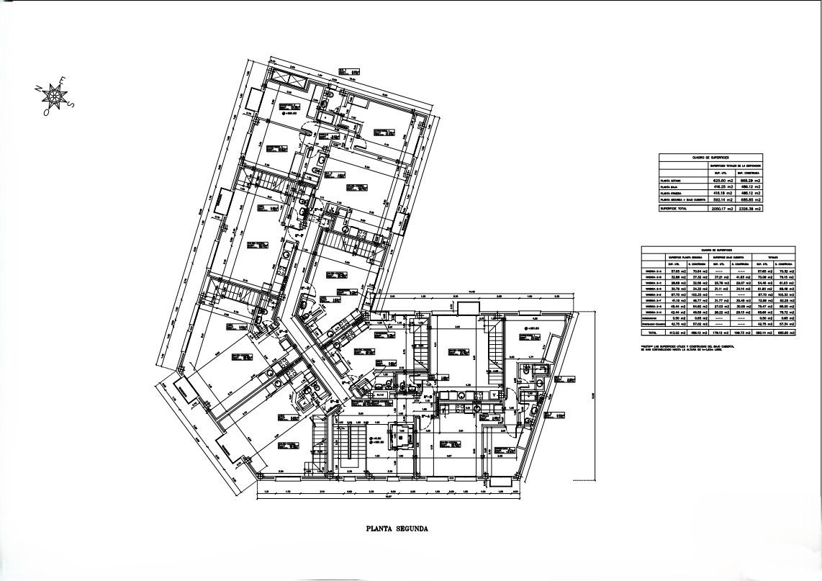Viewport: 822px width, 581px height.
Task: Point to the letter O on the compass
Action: [x=45, y=112]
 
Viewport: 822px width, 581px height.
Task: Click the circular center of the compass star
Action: [x=54, y=95]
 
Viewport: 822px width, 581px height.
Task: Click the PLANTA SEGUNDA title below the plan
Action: [x=397, y=528]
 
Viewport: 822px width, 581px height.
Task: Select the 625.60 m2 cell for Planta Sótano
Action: [x=722, y=181]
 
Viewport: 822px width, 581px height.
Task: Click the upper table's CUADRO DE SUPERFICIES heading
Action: [x=711, y=156]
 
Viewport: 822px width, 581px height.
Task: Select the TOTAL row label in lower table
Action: [x=651, y=333]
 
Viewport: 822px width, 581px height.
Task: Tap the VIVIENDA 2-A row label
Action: [x=653, y=271]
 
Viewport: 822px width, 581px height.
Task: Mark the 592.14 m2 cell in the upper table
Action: [x=722, y=200]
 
